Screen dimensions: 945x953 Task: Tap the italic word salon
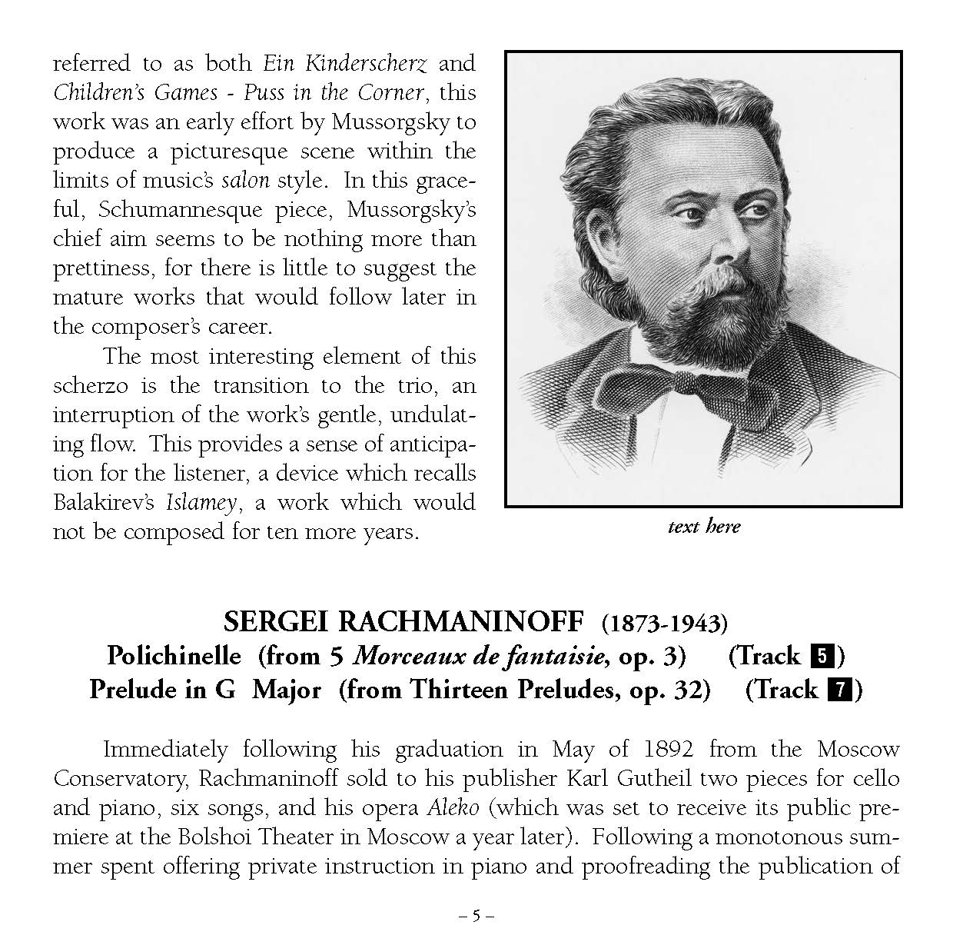pos(246,181)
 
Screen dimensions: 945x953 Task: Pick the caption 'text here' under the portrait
pos(703,527)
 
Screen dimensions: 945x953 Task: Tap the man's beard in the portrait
pos(692,315)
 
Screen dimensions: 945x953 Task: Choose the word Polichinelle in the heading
pos(174,656)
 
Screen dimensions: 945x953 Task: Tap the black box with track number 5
pos(821,657)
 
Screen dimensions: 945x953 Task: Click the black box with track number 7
pos(838,690)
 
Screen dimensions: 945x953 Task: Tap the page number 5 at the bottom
pos(476,915)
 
